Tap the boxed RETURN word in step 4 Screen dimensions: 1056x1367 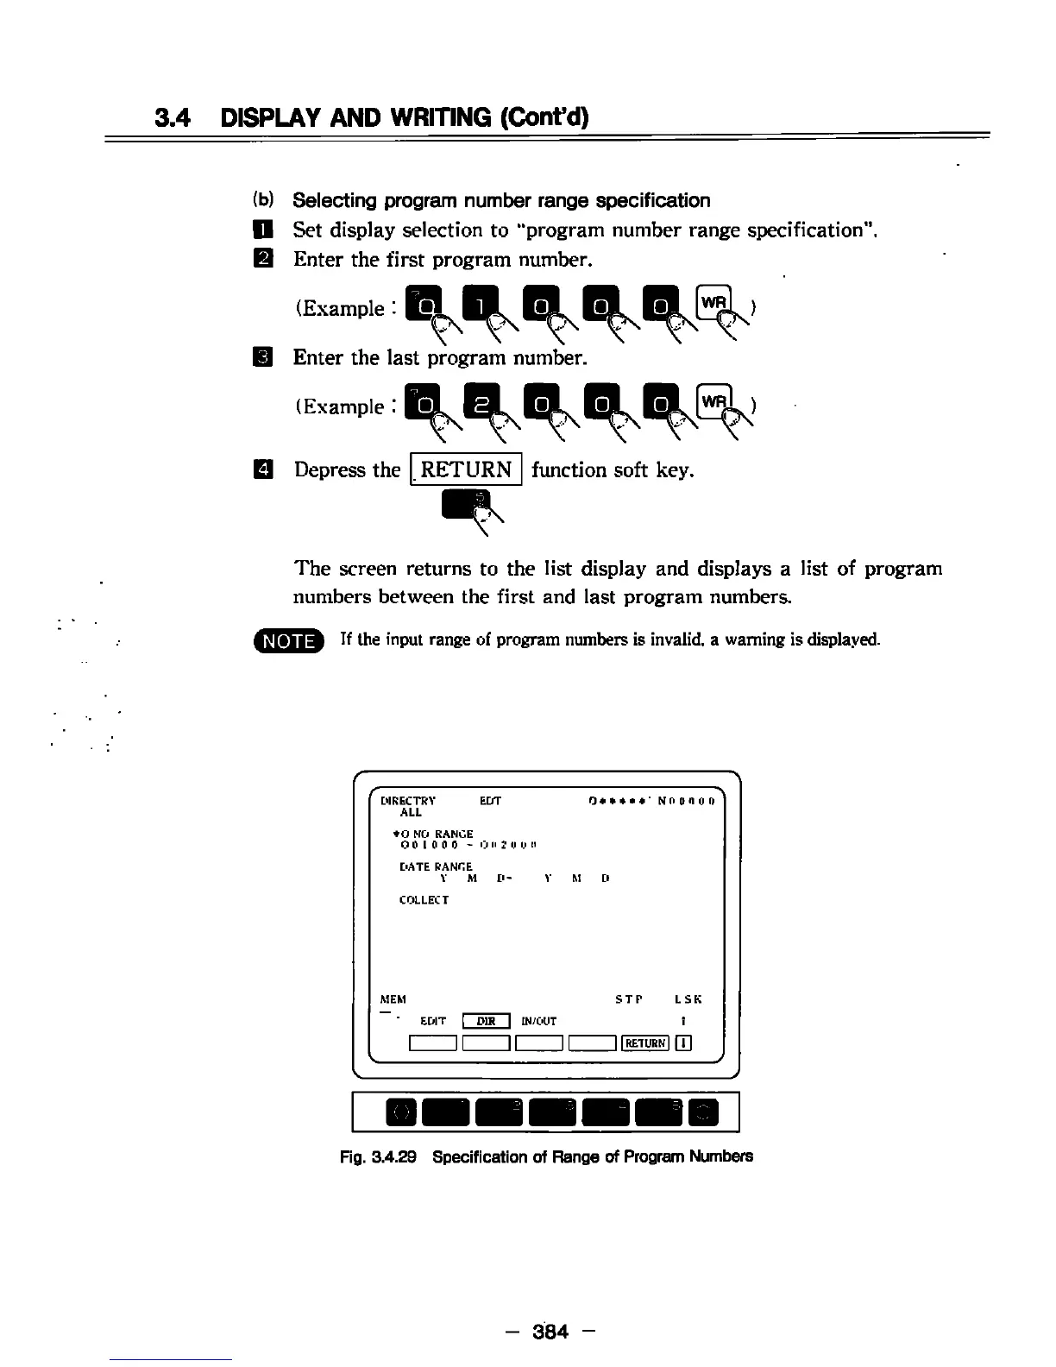pyautogui.click(x=467, y=470)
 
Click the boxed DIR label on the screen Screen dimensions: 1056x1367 pyautogui.click(x=487, y=1021)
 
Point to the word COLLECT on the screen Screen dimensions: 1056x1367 pyautogui.click(x=424, y=900)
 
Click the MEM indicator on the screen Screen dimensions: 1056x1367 pyautogui.click(x=393, y=999)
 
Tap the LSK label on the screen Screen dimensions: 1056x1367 pyautogui.click(x=688, y=999)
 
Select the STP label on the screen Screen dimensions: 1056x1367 pyautogui.click(x=629, y=999)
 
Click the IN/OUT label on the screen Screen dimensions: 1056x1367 pyautogui.click(x=539, y=1021)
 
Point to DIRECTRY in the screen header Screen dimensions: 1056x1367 pyautogui.click(x=408, y=800)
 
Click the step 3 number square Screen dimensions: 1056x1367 pyautogui.click(x=263, y=356)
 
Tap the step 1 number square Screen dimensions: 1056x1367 pyautogui.click(x=263, y=230)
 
